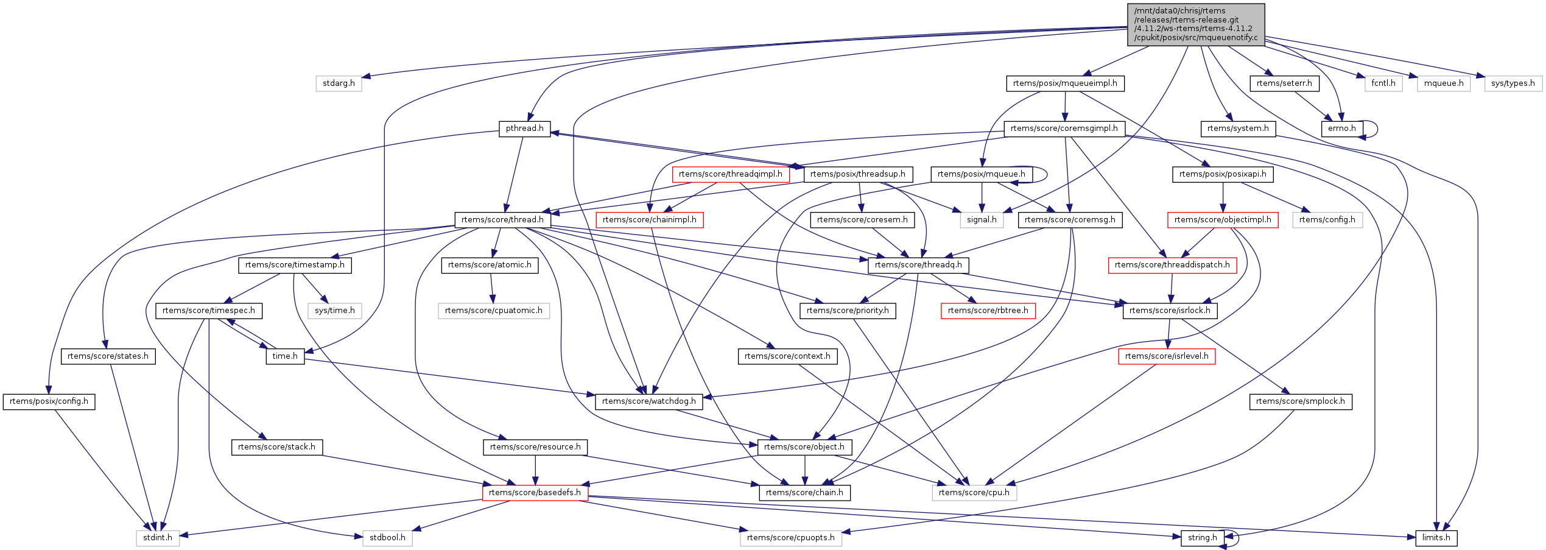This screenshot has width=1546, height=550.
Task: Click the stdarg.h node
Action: click(339, 83)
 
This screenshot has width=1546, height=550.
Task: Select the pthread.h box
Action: click(524, 129)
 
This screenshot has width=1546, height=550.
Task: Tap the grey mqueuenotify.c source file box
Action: click(1196, 24)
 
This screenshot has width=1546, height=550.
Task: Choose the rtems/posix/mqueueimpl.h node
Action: click(1065, 83)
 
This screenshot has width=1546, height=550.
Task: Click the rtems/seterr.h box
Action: click(1284, 83)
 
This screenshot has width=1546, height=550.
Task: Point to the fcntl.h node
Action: click(1383, 83)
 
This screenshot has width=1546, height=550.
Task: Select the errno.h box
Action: click(1341, 129)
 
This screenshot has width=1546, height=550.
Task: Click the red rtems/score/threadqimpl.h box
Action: click(730, 174)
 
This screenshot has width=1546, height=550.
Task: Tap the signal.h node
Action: click(982, 220)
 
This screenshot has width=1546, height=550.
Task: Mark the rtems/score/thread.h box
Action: click(502, 220)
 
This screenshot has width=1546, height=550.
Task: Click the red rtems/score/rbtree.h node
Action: click(988, 311)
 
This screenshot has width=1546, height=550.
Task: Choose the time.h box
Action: click(285, 356)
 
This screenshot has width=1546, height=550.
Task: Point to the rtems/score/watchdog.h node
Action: click(648, 401)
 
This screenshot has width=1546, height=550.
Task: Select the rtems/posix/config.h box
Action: click(49, 401)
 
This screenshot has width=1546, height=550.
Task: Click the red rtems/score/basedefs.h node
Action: click(535, 493)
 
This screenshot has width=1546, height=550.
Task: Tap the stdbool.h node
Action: click(387, 538)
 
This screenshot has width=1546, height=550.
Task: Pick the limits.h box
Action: click(1436, 538)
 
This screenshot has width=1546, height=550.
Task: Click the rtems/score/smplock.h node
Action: click(1300, 401)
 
